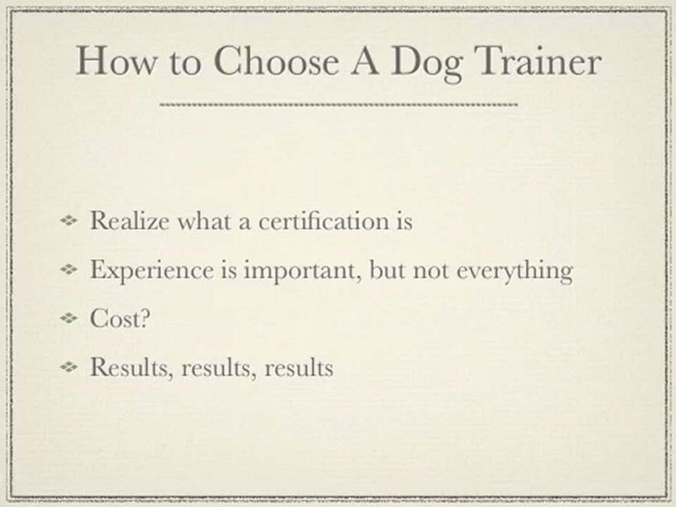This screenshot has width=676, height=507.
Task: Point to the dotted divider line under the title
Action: (339, 105)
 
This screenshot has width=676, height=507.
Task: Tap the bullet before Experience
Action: (70, 270)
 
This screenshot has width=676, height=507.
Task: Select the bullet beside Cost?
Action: (70, 319)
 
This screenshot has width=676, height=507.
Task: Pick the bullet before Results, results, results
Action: (70, 368)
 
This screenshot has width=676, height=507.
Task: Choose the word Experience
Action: (142, 271)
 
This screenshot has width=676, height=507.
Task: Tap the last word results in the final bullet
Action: (299, 368)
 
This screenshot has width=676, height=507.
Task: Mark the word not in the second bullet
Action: (432, 271)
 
